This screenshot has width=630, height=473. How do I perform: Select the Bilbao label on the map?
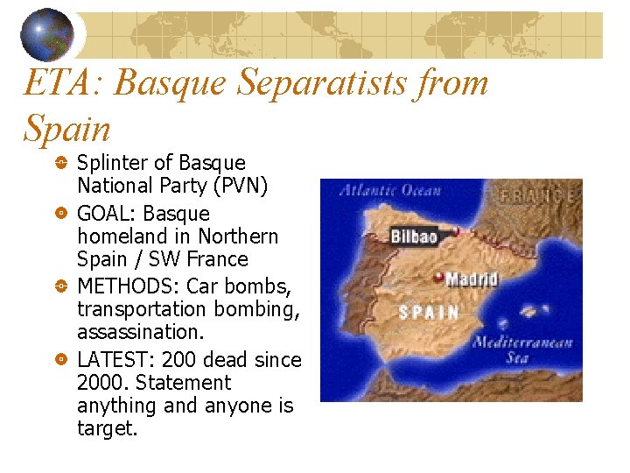[414, 236]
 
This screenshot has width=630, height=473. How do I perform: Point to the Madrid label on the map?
[472, 279]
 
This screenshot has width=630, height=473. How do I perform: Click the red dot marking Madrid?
[439, 278]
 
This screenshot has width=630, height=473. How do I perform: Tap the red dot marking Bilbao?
[455, 232]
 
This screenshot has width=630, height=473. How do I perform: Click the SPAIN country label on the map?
[429, 312]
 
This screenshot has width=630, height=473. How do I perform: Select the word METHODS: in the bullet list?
[124, 286]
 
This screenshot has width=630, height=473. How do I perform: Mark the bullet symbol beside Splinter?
[59, 164]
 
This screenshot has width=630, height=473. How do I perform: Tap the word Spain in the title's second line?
[67, 130]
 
